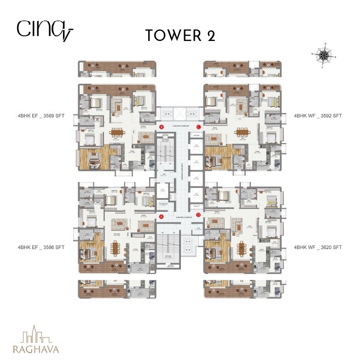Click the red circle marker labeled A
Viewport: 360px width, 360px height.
tap(162, 216)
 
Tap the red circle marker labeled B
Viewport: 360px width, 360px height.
tap(162, 127)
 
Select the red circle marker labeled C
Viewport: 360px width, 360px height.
tap(198, 127)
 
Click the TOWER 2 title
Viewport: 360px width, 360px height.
tap(180, 35)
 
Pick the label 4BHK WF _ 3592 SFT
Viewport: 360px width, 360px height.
tap(318, 117)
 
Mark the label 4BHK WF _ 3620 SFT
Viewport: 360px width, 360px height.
tap(318, 247)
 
